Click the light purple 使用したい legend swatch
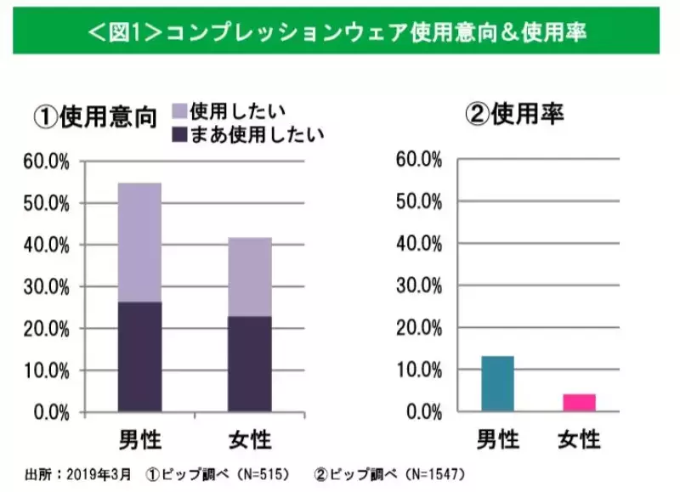[x=180, y=110]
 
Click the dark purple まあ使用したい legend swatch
[x=180, y=133]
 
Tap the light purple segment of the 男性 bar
[x=139, y=242]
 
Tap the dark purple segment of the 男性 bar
[x=139, y=357]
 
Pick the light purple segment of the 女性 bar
[x=249, y=277]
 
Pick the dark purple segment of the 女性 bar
[x=249, y=365]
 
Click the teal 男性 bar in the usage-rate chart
[x=497, y=383]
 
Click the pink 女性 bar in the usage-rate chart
[x=579, y=402]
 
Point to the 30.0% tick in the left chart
[x=51, y=287]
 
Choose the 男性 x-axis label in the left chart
[x=139, y=439]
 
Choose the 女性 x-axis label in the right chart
[x=579, y=439]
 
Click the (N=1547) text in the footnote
[x=437, y=473]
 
